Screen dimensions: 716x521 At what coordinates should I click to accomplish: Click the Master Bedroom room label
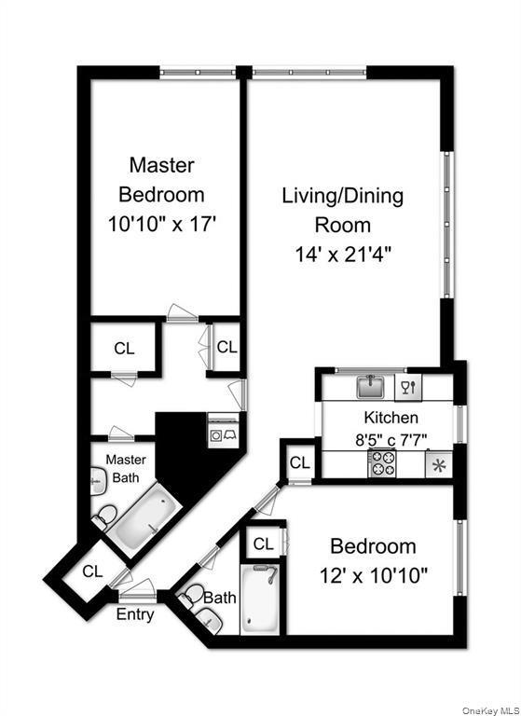tap(161, 180)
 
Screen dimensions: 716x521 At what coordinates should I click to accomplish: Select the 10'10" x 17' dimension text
tap(161, 225)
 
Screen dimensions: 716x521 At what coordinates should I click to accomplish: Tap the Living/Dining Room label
tap(342, 210)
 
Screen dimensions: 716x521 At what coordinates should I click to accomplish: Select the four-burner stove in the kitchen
tap(382, 463)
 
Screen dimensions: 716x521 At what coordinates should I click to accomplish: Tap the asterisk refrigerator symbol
tap(437, 464)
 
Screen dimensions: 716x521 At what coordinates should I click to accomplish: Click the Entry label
tap(135, 614)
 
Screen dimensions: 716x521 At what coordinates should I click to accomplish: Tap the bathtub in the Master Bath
tap(146, 521)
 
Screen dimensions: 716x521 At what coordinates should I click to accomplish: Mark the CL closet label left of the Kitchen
tap(299, 463)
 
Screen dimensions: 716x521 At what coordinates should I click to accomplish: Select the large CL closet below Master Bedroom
tap(124, 349)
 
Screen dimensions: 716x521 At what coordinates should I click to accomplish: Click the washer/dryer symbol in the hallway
tap(224, 434)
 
